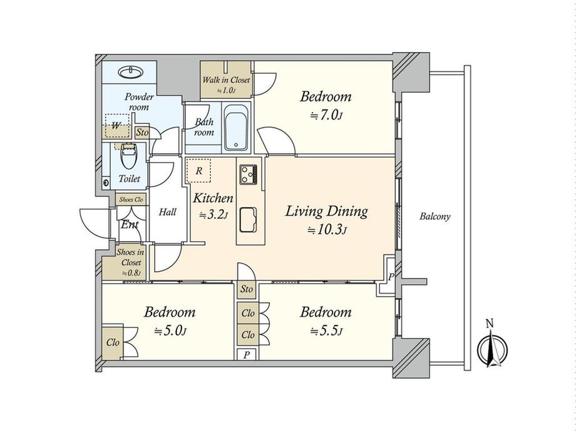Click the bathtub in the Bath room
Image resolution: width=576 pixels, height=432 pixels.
click(236, 128)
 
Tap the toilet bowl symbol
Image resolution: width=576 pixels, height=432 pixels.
click(128, 157)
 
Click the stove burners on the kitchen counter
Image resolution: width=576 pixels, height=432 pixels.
click(249, 175)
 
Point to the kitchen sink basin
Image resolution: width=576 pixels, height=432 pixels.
click(248, 219)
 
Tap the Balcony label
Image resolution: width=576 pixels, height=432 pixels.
click(435, 217)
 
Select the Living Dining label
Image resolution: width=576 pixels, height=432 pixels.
click(326, 212)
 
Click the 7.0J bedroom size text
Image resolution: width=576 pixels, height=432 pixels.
click(327, 116)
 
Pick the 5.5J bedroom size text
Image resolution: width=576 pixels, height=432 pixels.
click(327, 331)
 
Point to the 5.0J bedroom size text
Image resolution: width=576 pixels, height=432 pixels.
click(170, 331)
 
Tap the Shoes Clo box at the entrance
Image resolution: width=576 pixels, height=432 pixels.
click(131, 200)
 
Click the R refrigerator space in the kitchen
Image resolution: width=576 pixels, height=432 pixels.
click(198, 171)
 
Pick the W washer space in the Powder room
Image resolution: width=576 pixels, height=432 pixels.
click(117, 126)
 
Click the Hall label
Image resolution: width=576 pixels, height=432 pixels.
click(168, 212)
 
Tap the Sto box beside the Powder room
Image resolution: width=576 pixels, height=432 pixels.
click(143, 132)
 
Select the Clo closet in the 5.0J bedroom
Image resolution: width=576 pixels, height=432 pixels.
click(113, 342)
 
